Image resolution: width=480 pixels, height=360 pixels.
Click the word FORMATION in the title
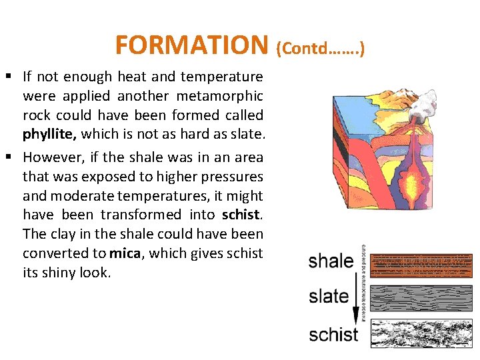tap(191, 45)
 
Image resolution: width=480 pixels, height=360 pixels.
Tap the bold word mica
tap(125, 253)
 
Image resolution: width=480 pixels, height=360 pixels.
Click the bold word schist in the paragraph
tap(242, 215)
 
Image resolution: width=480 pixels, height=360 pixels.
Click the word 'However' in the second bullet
tap(53, 157)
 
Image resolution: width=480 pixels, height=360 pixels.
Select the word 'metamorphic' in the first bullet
tap(227, 96)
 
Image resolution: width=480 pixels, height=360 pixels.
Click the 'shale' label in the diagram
tap(331, 261)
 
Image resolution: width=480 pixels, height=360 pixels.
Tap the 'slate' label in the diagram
tap(329, 296)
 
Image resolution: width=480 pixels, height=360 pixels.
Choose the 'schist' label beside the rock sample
tap(333, 333)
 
